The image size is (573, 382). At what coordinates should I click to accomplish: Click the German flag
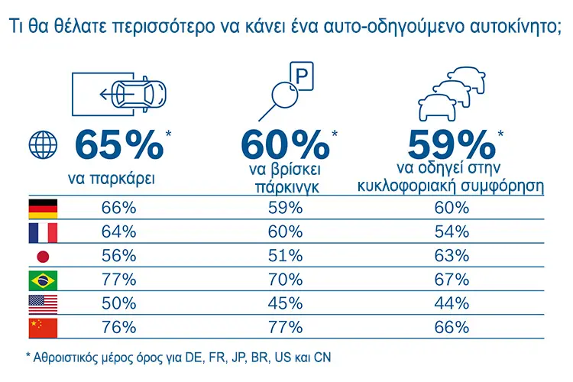tap(43, 209)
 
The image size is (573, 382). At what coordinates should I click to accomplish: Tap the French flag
tap(43, 233)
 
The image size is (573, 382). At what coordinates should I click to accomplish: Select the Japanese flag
tap(43, 257)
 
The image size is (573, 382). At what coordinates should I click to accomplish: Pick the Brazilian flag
tap(43, 280)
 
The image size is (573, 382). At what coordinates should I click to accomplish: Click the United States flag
tap(43, 305)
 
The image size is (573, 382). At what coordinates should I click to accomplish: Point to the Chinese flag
tap(43, 328)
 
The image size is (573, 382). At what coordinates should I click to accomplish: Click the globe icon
tap(43, 145)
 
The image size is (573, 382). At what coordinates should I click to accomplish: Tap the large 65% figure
tap(119, 145)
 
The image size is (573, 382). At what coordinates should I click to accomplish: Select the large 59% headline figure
tap(452, 145)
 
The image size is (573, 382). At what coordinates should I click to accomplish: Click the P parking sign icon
tap(302, 76)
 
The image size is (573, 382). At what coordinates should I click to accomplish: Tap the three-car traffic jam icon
tap(452, 93)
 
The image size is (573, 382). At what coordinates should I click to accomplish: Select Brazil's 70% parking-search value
tap(286, 280)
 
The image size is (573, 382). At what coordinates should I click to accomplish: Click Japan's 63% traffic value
tap(452, 256)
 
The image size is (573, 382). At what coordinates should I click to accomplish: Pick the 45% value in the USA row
tap(286, 304)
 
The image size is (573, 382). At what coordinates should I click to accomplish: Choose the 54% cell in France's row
tap(452, 232)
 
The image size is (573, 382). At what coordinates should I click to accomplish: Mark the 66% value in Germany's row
tap(118, 208)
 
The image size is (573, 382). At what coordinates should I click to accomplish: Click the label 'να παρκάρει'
tap(112, 179)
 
